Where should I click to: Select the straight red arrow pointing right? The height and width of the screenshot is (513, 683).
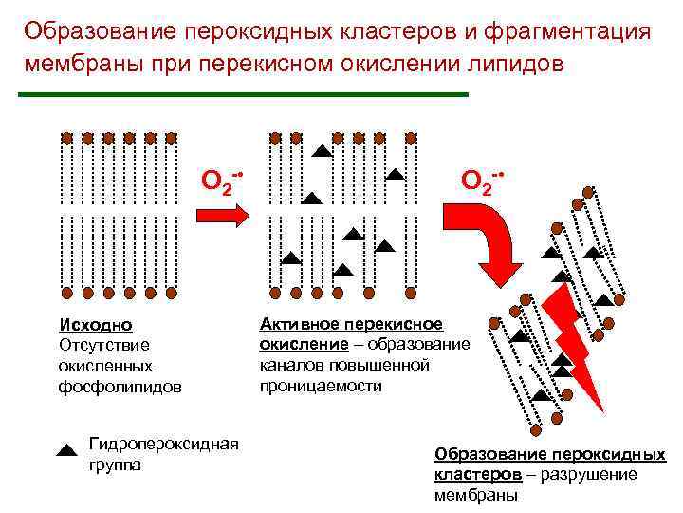[221, 215]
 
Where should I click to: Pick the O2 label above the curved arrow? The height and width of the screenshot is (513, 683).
[481, 178]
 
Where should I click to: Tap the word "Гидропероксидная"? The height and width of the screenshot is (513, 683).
[162, 444]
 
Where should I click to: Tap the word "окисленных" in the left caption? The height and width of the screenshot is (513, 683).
[105, 365]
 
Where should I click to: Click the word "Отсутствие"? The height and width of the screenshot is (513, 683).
[104, 344]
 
